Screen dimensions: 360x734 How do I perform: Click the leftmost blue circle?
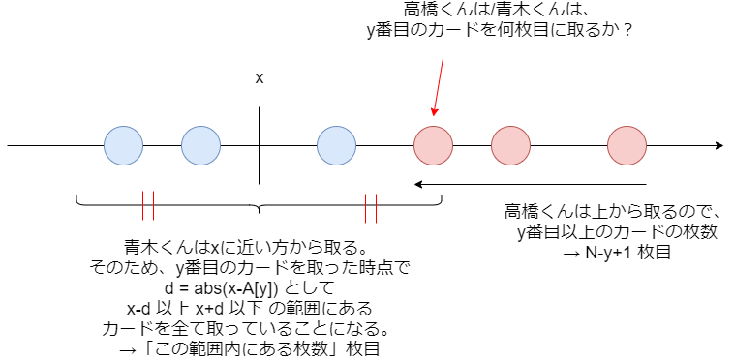(123, 146)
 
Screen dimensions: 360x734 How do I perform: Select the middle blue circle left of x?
(200, 146)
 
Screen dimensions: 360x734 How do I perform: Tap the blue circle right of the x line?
(336, 146)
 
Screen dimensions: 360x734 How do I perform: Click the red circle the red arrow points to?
(433, 146)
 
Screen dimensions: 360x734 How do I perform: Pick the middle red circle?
(510, 146)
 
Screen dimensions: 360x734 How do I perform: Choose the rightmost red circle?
(627, 146)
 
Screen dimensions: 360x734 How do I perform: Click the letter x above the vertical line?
(259, 77)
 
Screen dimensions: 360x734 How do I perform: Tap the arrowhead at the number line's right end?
(718, 146)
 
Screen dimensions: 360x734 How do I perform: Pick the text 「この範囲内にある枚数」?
(249, 349)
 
